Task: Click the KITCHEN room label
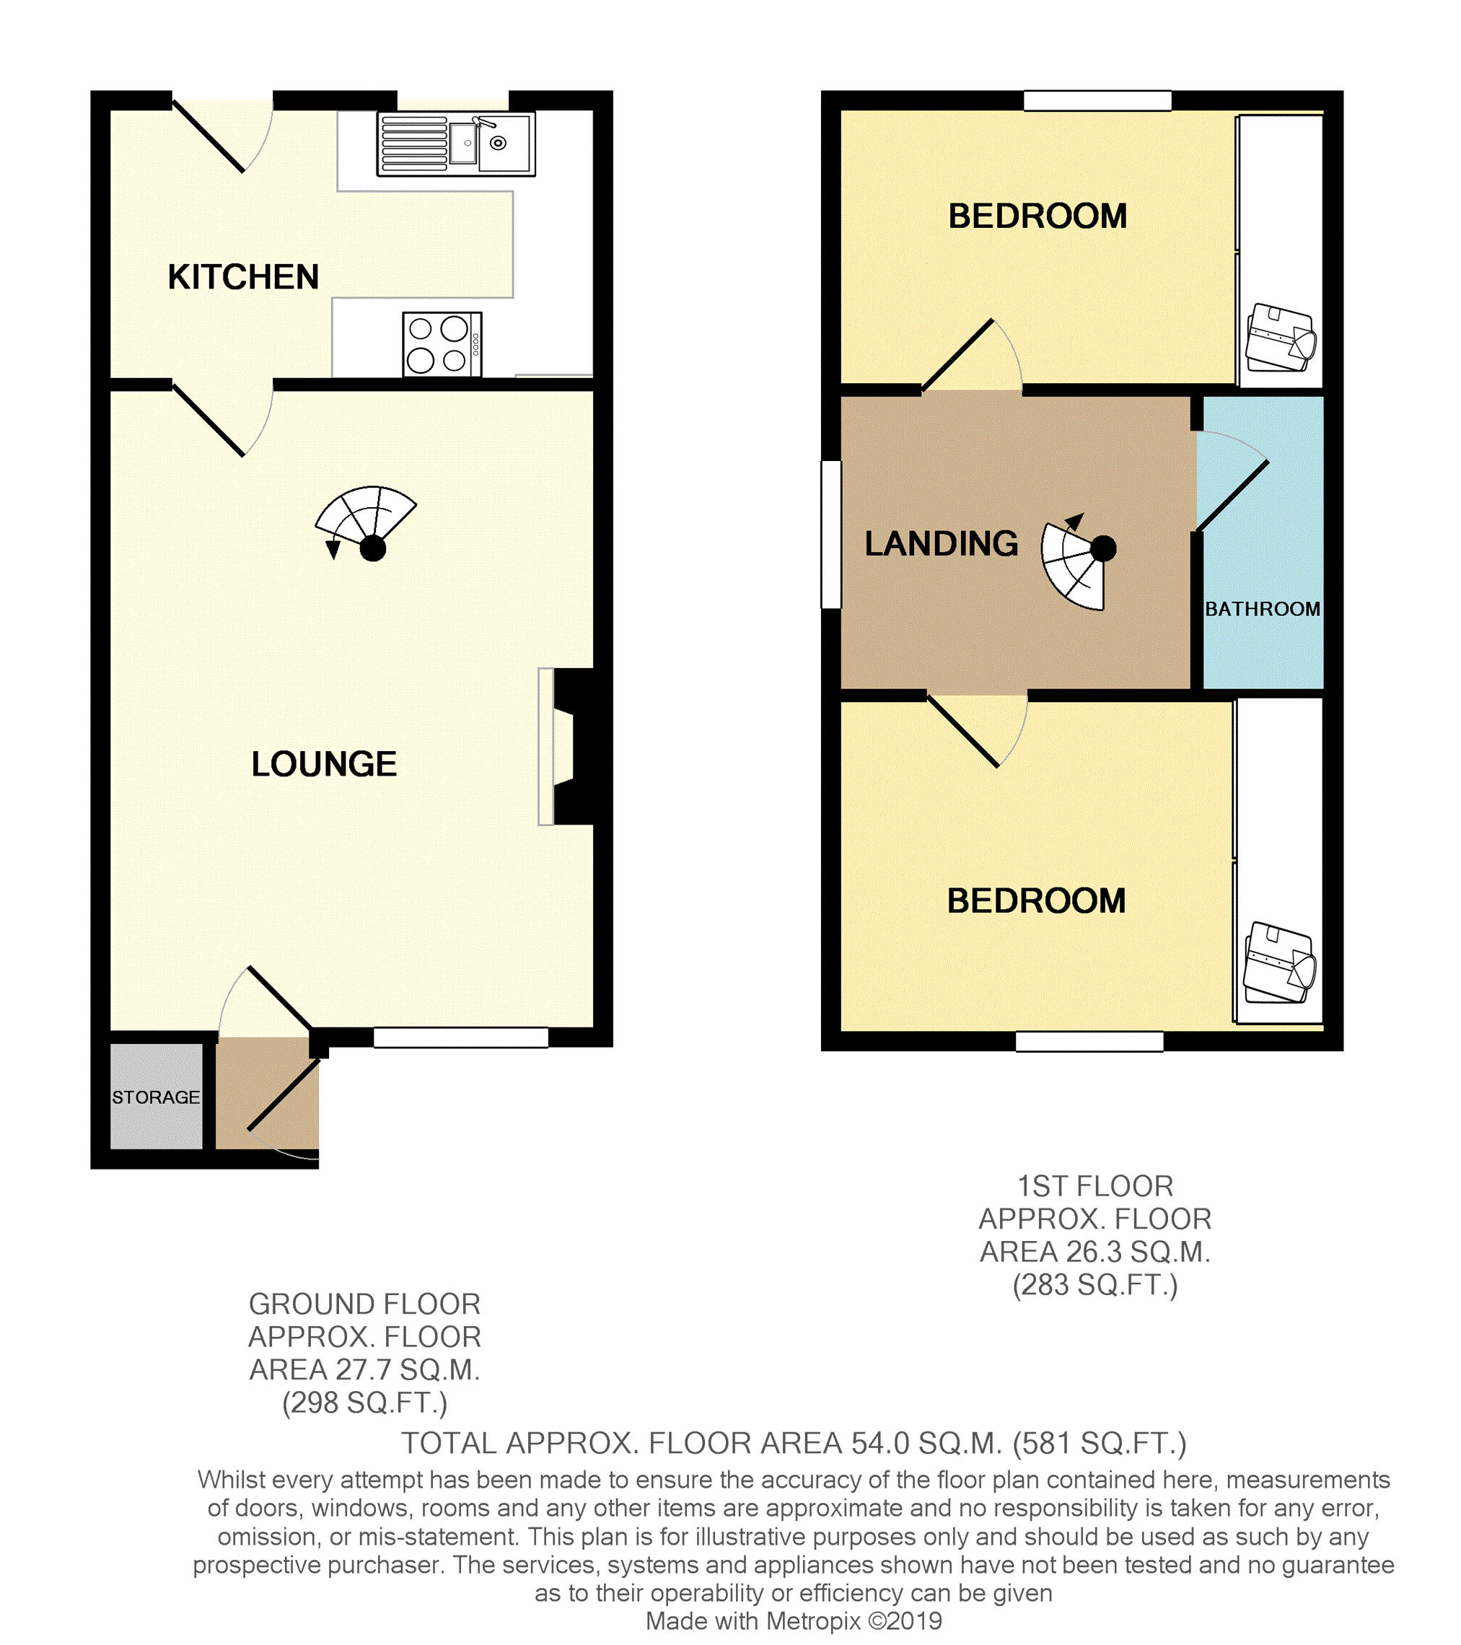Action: pos(243,277)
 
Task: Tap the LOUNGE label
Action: pos(324,764)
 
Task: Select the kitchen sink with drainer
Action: pos(455,144)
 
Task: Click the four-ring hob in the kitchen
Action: pos(442,344)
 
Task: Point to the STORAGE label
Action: pos(156,1097)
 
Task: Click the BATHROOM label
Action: pos(1262,609)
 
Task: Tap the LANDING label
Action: pos(941,543)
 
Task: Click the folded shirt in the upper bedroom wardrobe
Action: pos(1280,337)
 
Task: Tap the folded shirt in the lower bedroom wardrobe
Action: pos(1279,962)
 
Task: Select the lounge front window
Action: pos(461,1038)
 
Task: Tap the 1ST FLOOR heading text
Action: pos(1094,1186)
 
